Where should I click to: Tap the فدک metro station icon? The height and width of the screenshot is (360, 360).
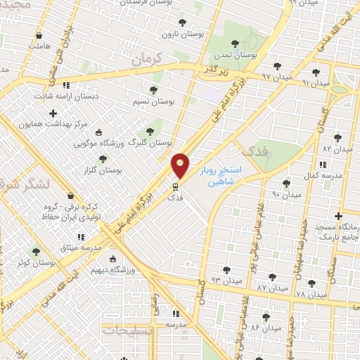[x=175, y=187]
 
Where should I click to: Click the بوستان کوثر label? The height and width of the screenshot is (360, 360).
[x=39, y=263]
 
